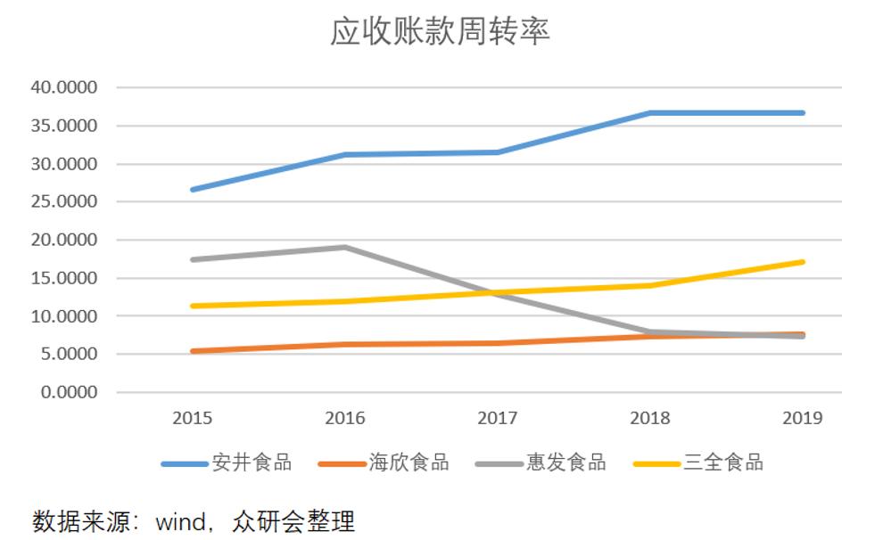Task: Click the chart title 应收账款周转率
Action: pyautogui.click(x=440, y=33)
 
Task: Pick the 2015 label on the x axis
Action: pyautogui.click(x=193, y=419)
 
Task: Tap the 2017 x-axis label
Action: pyautogui.click(x=498, y=419)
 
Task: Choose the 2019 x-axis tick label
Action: pyautogui.click(x=803, y=419)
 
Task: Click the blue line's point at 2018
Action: pyautogui.click(x=650, y=113)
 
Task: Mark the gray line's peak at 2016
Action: pyautogui.click(x=345, y=247)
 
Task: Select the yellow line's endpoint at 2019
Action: pyautogui.click(x=803, y=262)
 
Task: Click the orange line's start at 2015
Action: pyautogui.click(x=193, y=351)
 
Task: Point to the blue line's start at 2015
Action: pyautogui.click(x=193, y=190)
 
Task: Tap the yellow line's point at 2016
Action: pyautogui.click(x=345, y=301)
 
